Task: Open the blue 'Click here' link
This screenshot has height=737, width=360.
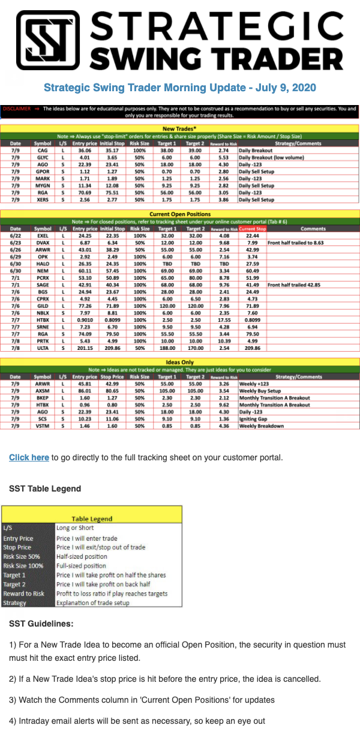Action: click(29, 457)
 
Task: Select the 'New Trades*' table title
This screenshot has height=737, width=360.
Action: click(179, 128)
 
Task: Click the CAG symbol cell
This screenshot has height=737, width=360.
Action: click(43, 151)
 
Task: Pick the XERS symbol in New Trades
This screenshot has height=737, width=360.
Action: click(43, 199)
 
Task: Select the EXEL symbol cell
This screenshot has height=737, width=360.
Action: click(43, 236)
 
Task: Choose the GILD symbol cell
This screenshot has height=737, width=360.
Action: click(43, 305)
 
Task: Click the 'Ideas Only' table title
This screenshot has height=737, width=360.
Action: click(179, 362)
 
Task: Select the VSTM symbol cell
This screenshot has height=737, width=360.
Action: click(43, 426)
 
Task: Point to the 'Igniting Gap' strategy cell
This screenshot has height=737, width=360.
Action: click(255, 419)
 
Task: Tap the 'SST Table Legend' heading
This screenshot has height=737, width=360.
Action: click(45, 489)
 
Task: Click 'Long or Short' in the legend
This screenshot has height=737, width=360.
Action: click(77, 528)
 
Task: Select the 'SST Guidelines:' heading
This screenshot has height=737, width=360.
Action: click(41, 624)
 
